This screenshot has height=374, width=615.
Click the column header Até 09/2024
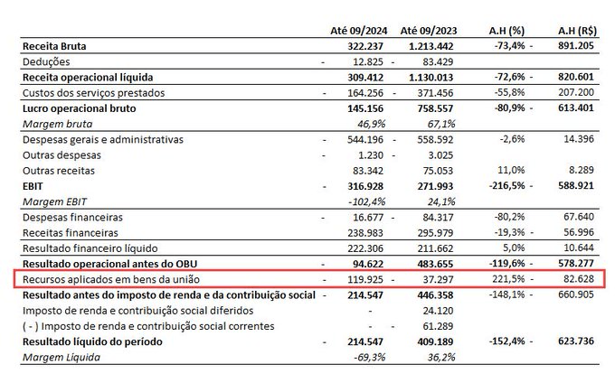(x=358, y=31)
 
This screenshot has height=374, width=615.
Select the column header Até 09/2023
(x=429, y=31)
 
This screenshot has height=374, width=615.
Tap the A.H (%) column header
(x=506, y=31)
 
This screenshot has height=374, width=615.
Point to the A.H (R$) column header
(x=577, y=31)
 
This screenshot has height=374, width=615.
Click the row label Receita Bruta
(x=54, y=46)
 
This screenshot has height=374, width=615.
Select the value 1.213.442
(x=431, y=46)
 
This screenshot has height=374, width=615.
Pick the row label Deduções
(x=46, y=61)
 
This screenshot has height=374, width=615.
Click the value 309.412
(x=365, y=77)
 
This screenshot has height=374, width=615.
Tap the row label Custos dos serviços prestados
(x=94, y=93)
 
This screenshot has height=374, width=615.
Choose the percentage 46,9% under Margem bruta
(x=372, y=124)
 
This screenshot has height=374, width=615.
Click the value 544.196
(x=365, y=139)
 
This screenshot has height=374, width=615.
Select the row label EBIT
(x=33, y=186)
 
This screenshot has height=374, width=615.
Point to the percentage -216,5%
(x=506, y=185)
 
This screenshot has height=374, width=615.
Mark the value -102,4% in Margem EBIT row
(x=366, y=201)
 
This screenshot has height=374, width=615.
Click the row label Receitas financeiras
(x=71, y=233)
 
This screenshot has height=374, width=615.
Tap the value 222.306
(x=365, y=248)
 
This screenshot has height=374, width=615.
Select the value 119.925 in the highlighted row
(x=365, y=280)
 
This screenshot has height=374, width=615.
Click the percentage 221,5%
(x=508, y=279)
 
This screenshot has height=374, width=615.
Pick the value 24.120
(x=438, y=311)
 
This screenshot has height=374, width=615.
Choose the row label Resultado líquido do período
(x=92, y=341)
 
